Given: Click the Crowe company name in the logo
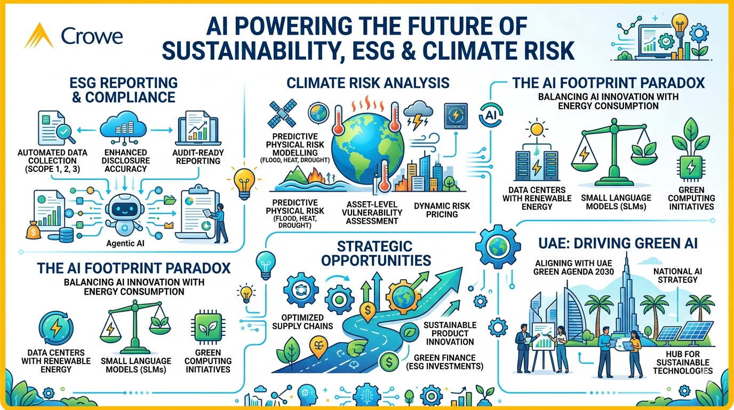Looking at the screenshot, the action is point(92,36).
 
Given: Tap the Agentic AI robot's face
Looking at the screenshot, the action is point(124,208).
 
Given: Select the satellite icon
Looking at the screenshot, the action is point(282,114).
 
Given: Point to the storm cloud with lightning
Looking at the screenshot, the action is point(418,115).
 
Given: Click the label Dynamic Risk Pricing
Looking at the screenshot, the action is point(442,210).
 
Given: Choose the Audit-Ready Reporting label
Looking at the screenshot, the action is point(198,157).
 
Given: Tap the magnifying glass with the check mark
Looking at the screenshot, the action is point(65,133).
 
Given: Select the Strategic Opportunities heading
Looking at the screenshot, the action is point(376,254).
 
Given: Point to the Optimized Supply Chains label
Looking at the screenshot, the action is point(302,322).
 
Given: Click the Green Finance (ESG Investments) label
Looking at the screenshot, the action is point(445,362).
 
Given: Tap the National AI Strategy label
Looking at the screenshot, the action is point(677,275).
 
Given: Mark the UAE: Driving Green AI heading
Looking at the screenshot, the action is point(618,243).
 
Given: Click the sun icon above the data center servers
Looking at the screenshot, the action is point(537,129).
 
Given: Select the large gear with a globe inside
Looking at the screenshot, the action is point(498,247).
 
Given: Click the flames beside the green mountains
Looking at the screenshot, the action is point(316,176).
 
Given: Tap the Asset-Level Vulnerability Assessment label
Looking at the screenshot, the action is point(372,212).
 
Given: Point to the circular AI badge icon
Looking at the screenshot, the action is point(491,115).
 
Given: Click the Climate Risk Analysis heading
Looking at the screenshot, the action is point(368,83).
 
